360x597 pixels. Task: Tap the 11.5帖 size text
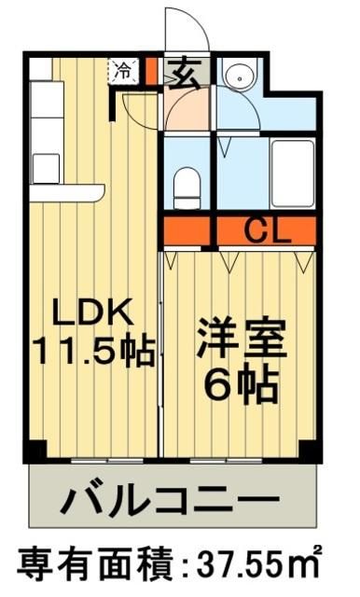92,352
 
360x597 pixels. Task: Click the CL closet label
265,229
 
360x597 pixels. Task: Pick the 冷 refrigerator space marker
122,69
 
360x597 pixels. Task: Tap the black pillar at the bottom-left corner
35,449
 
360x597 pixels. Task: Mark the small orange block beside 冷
148,70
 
